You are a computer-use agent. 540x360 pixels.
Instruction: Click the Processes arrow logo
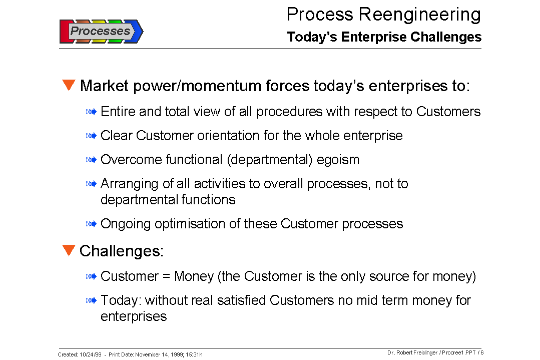point(101,31)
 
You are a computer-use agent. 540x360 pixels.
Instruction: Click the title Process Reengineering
point(383,14)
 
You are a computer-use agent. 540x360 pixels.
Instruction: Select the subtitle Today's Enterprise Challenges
point(384,37)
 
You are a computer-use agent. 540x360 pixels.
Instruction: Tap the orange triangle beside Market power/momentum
point(69,85)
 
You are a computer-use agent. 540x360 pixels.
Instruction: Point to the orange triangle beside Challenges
point(69,250)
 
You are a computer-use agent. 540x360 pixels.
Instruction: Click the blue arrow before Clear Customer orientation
point(91,136)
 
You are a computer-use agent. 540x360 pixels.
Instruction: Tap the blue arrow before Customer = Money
point(91,276)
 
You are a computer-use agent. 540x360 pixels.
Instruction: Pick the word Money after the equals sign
point(196,276)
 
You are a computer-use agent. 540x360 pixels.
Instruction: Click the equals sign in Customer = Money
point(166,277)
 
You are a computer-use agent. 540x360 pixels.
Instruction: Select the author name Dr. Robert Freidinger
point(412,352)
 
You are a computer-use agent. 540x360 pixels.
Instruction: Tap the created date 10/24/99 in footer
point(90,354)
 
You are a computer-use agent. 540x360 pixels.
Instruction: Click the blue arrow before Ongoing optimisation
point(91,224)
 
